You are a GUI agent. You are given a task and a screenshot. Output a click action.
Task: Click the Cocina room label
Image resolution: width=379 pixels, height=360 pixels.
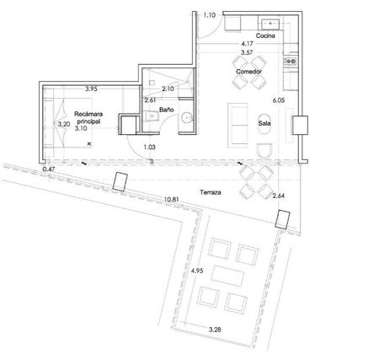click(x=265, y=35)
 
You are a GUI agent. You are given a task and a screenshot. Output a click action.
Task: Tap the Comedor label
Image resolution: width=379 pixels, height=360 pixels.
click(x=248, y=72)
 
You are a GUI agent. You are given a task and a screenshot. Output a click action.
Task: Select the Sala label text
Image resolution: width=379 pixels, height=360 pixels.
click(x=264, y=123)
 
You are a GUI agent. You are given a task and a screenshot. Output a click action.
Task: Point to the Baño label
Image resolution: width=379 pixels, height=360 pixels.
click(x=167, y=110)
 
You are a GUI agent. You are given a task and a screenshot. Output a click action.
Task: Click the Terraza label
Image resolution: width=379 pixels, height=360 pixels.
click(x=211, y=192)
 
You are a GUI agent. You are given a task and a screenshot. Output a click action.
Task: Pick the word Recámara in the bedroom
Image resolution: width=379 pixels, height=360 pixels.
click(x=88, y=114)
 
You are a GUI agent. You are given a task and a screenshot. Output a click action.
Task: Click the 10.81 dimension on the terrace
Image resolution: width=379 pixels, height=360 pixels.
click(x=172, y=200)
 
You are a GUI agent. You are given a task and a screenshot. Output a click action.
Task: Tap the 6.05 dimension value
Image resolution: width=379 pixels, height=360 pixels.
click(x=279, y=100)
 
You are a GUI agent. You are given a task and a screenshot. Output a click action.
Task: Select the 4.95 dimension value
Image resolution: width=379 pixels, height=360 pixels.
click(x=197, y=271)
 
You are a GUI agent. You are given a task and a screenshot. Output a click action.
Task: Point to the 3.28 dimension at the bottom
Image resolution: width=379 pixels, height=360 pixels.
click(x=215, y=330)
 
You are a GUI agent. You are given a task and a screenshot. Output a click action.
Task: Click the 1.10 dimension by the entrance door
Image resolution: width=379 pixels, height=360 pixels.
click(x=210, y=15)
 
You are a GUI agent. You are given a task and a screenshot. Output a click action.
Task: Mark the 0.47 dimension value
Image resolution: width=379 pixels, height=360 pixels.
click(x=48, y=169)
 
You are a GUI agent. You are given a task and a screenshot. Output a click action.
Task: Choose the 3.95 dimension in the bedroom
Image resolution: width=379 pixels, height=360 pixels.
click(x=91, y=89)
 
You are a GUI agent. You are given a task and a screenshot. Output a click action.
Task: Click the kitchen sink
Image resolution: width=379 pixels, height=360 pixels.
click(x=270, y=24)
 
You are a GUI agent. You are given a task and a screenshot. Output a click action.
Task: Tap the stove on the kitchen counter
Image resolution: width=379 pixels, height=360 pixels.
click(x=291, y=61)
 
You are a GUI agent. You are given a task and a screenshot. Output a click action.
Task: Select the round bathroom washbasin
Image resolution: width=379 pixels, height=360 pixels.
click(x=187, y=118)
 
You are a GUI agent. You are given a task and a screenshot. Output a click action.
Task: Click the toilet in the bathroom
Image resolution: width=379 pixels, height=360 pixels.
click(x=151, y=116)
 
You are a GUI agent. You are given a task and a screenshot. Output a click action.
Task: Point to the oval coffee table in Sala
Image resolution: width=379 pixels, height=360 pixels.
click(x=264, y=123)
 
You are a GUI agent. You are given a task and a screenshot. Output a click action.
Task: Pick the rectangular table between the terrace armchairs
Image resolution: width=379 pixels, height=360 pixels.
click(x=227, y=276)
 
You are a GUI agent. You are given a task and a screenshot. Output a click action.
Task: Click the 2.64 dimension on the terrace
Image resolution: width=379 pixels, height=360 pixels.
click(x=279, y=196)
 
